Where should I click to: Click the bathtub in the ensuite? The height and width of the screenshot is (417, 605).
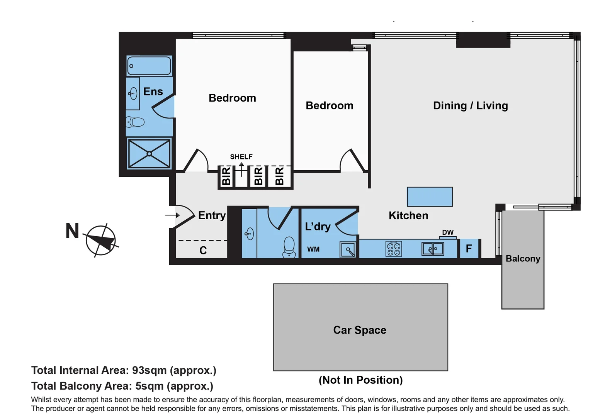pos(149,66)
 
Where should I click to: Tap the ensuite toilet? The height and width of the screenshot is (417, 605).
pos(135,122)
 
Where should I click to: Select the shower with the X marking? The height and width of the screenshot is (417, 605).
pos(149,154)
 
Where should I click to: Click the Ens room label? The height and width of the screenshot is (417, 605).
pos(153,92)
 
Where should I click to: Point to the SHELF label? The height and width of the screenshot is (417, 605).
pos(241,157)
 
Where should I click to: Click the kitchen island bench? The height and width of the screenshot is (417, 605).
pos(430,197)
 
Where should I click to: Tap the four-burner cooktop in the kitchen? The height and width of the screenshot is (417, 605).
pos(394,249)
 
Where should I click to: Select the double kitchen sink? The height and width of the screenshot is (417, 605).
pos(433,249)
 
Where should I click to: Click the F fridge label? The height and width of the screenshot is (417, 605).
pos(469,249)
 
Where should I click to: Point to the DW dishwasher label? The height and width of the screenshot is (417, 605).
pos(448,232)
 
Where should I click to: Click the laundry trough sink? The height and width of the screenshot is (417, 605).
pos(348,250)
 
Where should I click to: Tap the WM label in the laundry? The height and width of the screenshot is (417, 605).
pos(313,249)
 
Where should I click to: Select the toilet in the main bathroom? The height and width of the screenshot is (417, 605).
pos(289,247)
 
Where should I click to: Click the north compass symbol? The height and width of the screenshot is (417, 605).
pos(100,241)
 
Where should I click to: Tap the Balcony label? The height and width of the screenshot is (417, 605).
pos(523,259)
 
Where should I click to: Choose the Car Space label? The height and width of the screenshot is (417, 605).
pos(360,330)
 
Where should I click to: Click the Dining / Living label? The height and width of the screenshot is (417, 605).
pos(470,106)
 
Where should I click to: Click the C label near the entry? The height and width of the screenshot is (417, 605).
pos(203,251)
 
